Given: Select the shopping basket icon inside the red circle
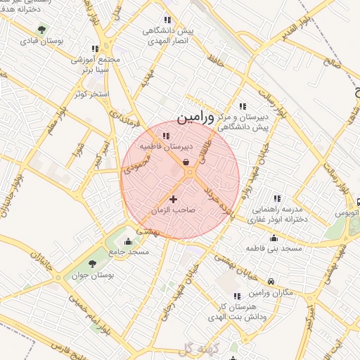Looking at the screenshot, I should coord(185,162).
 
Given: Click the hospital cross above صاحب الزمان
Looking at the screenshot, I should coord(174,200).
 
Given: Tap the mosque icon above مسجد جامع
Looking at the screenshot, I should coord(127,241).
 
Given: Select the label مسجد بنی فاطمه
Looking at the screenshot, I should coord(274,249).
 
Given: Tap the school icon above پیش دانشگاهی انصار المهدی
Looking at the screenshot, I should coord(167,20).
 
